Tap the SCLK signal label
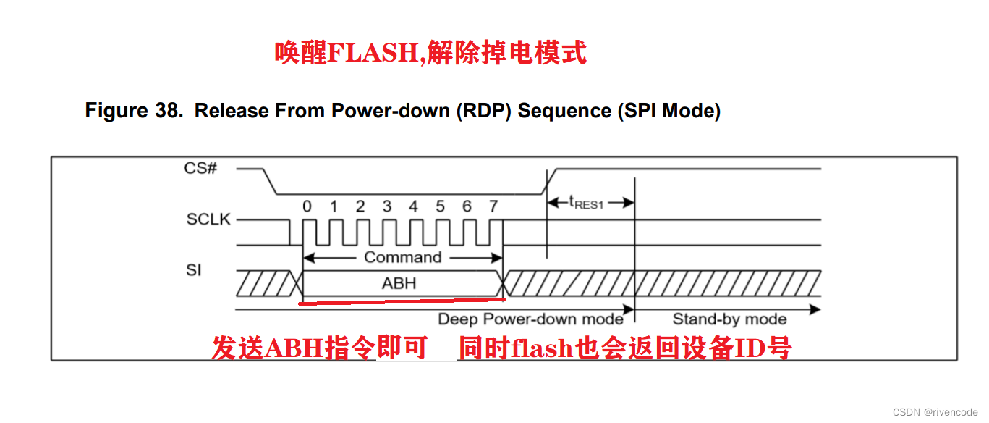208,219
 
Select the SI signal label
194,271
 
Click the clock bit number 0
307,207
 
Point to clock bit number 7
493,207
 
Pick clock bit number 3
386,207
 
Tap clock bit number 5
440,207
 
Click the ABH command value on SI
399,283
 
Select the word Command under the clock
402,257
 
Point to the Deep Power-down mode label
530,319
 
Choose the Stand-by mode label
729,319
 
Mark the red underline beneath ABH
402,300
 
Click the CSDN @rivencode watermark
935,411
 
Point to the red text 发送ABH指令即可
319,348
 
